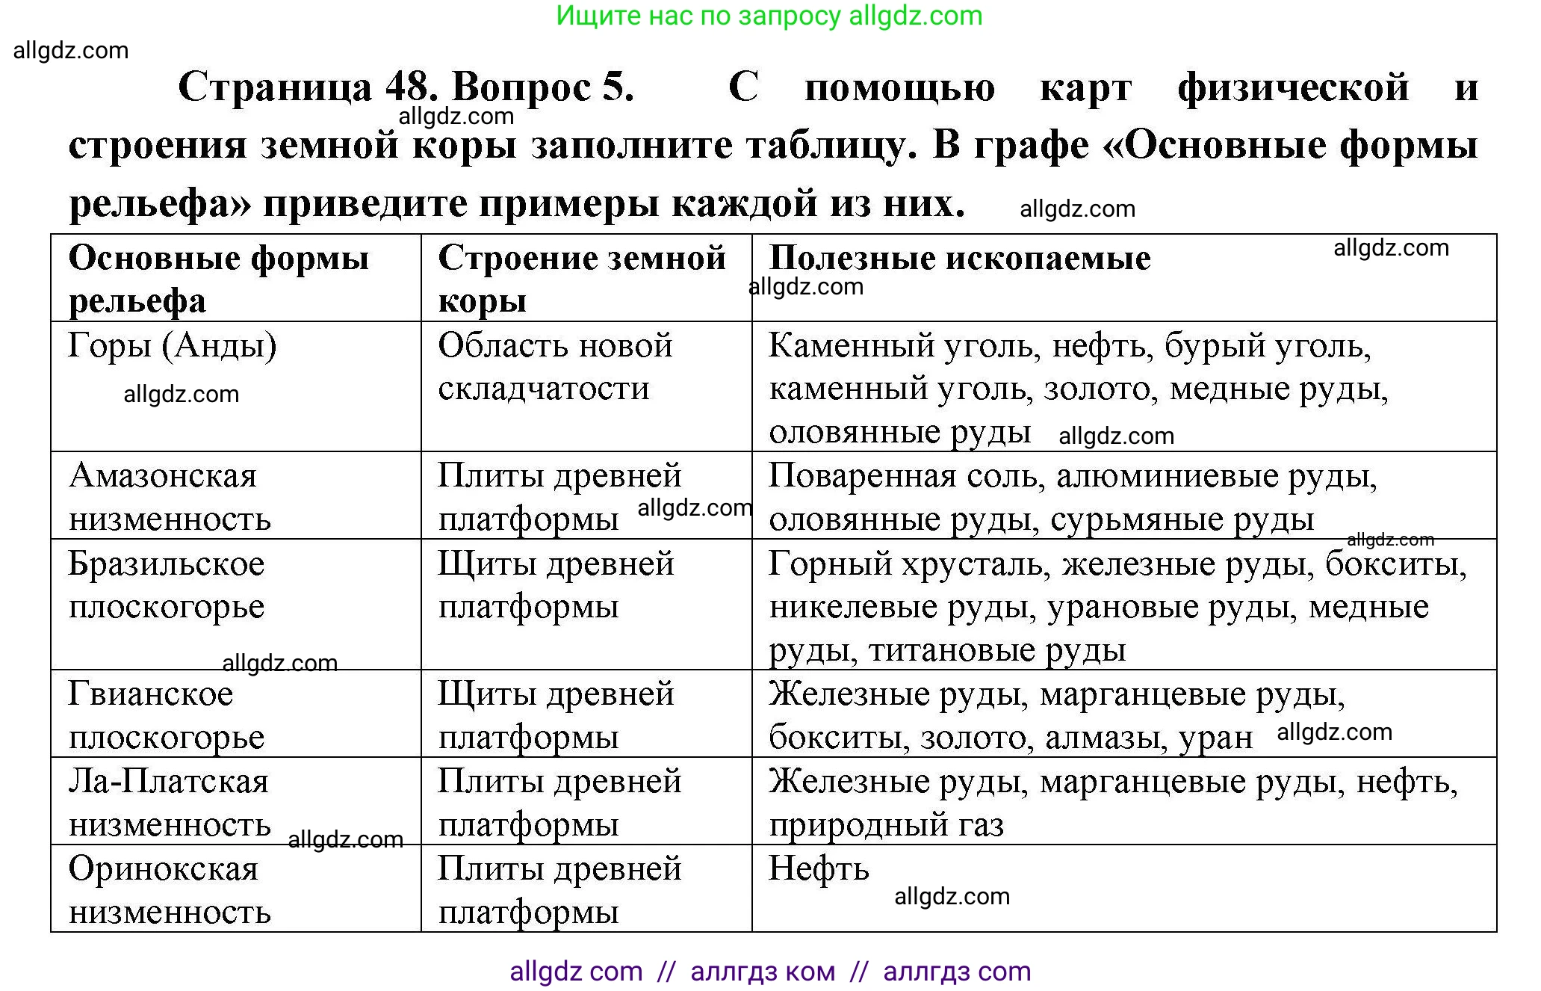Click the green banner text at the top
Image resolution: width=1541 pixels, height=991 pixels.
(769, 16)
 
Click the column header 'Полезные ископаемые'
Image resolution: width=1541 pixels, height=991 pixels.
(960, 258)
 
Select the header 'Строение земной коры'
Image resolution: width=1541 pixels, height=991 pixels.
(581, 278)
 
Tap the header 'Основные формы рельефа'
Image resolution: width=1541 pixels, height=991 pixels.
(218, 278)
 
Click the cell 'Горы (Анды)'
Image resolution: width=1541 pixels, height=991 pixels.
(173, 345)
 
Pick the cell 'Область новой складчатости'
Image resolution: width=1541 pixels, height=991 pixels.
(555, 366)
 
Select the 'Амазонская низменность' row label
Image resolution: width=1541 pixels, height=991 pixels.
(170, 496)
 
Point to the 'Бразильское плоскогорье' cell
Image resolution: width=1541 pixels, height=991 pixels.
(167, 584)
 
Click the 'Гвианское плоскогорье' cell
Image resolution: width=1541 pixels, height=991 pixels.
(167, 714)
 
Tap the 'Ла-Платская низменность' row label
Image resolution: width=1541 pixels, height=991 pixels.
(170, 802)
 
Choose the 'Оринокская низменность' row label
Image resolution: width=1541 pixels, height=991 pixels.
(170, 889)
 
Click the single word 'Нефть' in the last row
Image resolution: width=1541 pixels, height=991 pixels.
(819, 868)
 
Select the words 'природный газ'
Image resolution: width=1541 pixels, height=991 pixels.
(887, 824)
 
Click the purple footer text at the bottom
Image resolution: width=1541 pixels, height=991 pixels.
(770, 971)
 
